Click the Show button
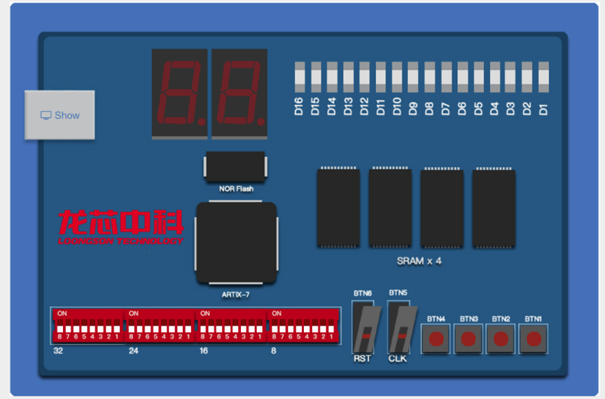click(x=60, y=115)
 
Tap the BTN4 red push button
click(x=436, y=339)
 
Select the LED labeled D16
click(x=299, y=77)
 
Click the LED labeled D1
click(x=543, y=77)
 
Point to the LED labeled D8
click(x=429, y=77)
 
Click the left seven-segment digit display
click(x=179, y=93)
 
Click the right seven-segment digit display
click(x=239, y=93)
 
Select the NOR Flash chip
click(x=235, y=167)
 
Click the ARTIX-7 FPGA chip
click(x=236, y=243)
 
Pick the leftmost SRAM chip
click(x=338, y=208)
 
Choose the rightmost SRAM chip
click(x=494, y=208)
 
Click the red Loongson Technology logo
click(x=121, y=226)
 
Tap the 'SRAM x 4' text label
click(x=419, y=261)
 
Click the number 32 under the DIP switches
click(x=58, y=350)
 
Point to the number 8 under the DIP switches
click(x=274, y=350)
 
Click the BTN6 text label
click(x=363, y=292)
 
